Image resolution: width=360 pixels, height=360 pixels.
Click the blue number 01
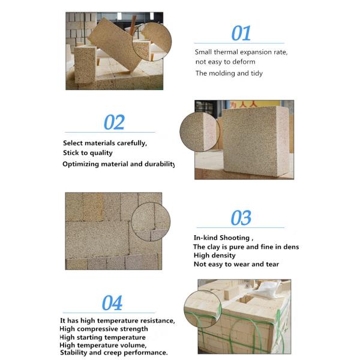(x=241, y=33)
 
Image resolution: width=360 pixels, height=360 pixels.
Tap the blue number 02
(x=114, y=122)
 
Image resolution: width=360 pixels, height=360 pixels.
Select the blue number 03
(x=241, y=218)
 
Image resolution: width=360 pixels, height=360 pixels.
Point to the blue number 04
(x=112, y=303)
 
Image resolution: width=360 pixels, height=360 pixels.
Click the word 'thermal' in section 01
(x=226, y=52)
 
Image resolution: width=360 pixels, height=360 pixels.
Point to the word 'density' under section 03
(x=222, y=256)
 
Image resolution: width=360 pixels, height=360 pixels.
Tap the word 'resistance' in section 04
(x=157, y=320)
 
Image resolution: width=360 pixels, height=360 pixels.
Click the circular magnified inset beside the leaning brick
(x=152, y=41)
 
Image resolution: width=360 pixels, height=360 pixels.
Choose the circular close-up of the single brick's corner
(x=200, y=131)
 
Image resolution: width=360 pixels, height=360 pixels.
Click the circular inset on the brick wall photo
(x=151, y=221)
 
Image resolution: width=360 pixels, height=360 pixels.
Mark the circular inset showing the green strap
(x=203, y=309)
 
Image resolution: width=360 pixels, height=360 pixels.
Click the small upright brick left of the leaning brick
(x=85, y=65)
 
